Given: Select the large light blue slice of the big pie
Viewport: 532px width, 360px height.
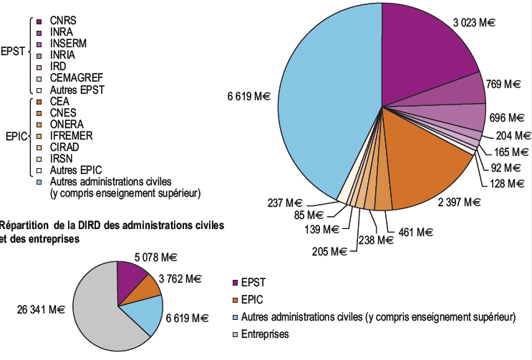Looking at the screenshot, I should click(322, 107).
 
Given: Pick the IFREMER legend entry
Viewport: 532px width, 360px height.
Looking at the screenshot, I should click(72, 136).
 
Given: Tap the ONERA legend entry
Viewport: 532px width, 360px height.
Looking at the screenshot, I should click(67, 125).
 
